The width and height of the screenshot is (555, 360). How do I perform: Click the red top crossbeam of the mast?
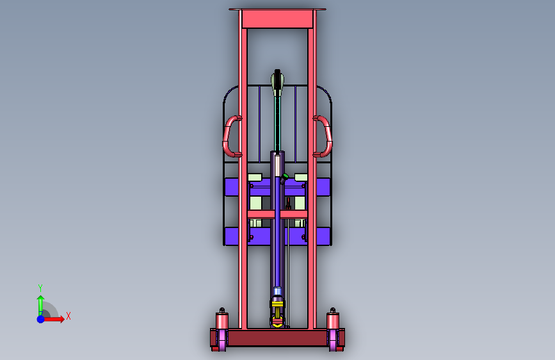tap(277, 19)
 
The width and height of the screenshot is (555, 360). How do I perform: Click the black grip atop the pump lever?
tap(277, 79)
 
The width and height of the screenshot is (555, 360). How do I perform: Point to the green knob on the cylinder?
tap(285, 176)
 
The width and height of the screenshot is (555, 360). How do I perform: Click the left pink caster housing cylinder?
tap(222, 320)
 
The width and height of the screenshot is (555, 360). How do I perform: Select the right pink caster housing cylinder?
tap(333, 320)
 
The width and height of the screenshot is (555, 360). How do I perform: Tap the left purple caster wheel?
tap(222, 340)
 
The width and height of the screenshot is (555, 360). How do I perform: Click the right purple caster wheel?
tap(334, 340)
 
